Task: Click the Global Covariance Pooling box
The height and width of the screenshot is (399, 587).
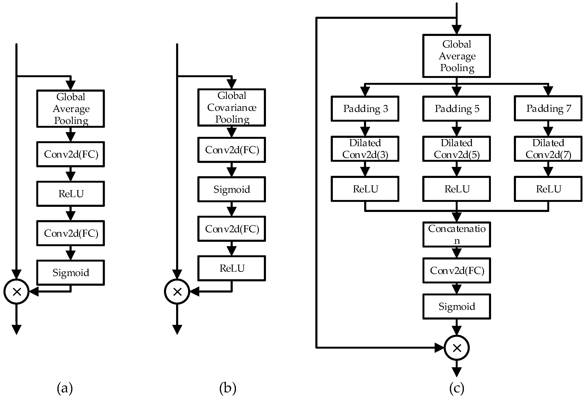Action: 232,107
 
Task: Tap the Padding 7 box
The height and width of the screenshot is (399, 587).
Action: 548,108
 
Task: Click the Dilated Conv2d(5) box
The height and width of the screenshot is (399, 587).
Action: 457,149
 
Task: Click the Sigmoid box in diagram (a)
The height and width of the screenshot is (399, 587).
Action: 70,273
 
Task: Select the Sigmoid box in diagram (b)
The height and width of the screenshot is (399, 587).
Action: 232,189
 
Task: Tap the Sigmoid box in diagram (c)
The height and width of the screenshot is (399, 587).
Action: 457,306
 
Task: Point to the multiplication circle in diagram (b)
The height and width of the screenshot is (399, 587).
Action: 177,292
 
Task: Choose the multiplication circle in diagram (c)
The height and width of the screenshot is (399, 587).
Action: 457,348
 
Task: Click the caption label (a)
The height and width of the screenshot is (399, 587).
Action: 65,388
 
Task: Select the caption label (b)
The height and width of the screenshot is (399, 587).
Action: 228,388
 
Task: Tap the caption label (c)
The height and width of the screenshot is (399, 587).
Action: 457,388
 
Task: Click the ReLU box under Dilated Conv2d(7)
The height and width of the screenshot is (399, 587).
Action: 548,189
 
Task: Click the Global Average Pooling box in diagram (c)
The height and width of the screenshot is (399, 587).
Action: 457,56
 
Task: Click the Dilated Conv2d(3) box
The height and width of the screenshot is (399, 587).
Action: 365,149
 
